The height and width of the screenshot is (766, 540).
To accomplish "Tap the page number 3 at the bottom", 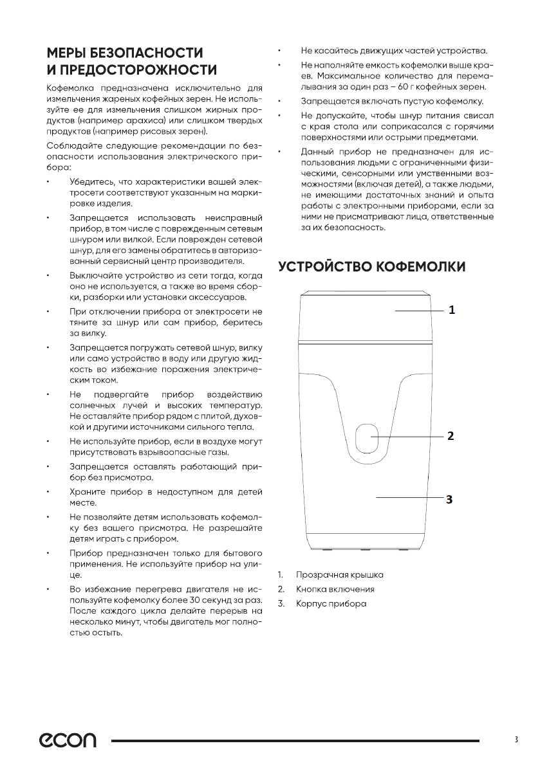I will [x=516, y=740].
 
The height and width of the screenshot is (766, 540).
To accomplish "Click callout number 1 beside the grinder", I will [x=452, y=310].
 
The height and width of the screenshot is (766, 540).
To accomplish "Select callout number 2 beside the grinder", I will [x=451, y=436].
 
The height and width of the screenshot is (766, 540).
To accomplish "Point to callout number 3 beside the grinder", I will [x=451, y=497].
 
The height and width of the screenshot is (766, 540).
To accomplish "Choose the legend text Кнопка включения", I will [x=335, y=588].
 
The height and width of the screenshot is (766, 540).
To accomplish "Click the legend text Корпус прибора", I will [x=330, y=604].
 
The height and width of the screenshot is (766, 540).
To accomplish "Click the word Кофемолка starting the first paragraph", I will [x=71, y=87].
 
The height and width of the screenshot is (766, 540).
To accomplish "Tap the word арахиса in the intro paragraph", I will [x=164, y=120].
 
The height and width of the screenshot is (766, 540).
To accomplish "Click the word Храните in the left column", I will [x=86, y=492].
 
